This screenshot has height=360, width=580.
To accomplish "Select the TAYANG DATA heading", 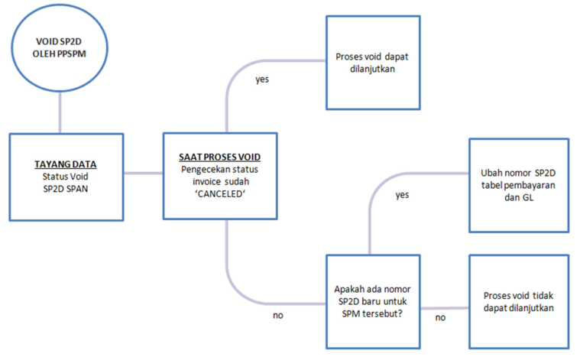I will [66, 164].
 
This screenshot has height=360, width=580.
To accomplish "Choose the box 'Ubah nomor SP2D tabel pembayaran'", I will [518, 184].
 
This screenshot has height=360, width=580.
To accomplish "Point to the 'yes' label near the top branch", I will [261, 79].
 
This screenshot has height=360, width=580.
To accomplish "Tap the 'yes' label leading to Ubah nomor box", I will [402, 195].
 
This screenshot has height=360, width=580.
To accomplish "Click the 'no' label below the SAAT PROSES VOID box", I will [278, 314].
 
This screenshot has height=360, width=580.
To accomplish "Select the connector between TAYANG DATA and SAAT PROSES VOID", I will [144, 174].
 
